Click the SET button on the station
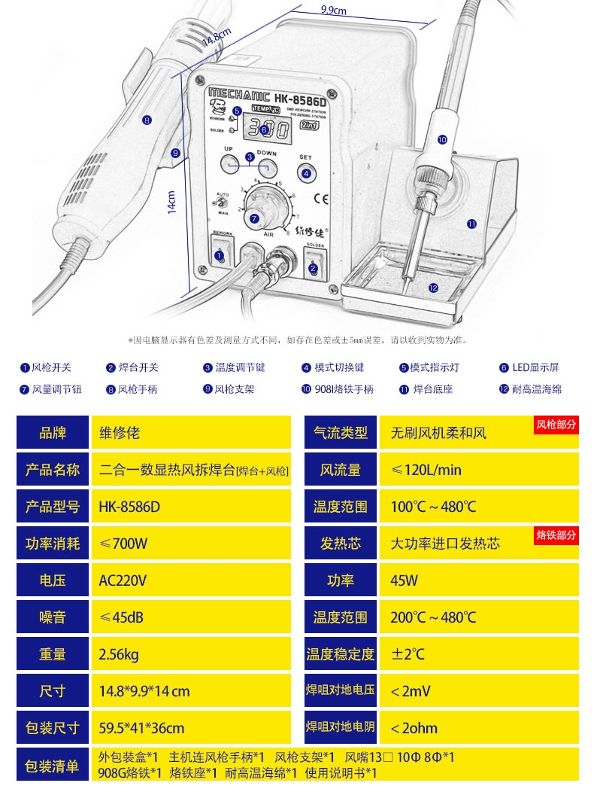click(306, 172)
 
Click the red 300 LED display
click(268, 130)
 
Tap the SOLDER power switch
click(314, 265)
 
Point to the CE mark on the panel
click(320, 200)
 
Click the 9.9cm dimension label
click(333, 10)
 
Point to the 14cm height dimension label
click(172, 200)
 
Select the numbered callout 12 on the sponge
click(433, 288)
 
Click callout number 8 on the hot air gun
click(147, 119)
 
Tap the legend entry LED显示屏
click(535, 367)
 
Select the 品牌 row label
click(53, 433)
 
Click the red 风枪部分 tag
click(556, 425)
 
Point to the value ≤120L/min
click(426, 470)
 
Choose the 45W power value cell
click(405, 580)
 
